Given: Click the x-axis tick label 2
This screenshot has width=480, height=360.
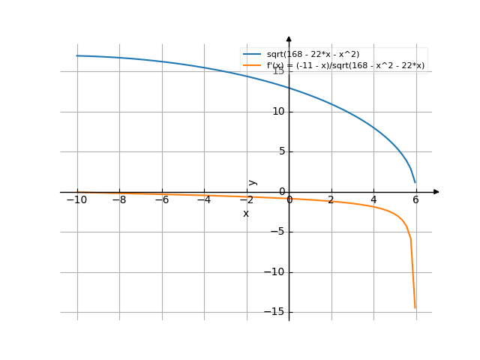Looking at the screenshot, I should pyautogui.click(x=331, y=200).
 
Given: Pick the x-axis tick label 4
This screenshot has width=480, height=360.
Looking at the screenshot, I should pyautogui.click(x=373, y=200).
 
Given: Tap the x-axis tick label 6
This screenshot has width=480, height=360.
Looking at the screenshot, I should pyautogui.click(x=415, y=200).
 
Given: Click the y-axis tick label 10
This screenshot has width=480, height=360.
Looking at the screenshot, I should pyautogui.click(x=277, y=112).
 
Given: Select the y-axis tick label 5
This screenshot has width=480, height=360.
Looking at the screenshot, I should pyautogui.click(x=280, y=151).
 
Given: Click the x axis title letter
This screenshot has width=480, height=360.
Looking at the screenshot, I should pyautogui.click(x=245, y=214).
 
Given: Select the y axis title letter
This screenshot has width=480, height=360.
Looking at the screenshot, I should pyautogui.click(x=253, y=181).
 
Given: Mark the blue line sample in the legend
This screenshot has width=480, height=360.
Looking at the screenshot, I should pyautogui.click(x=252, y=55).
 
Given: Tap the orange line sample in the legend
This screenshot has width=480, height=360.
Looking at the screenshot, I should pyautogui.click(x=252, y=66).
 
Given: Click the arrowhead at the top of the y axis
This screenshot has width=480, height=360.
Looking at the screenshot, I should pyautogui.click(x=289, y=38).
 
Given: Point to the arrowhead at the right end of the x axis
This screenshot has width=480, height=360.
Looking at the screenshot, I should pyautogui.click(x=436, y=192).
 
